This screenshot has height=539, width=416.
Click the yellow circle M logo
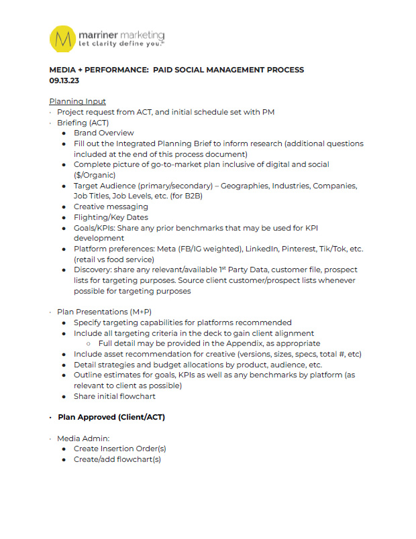(64, 38)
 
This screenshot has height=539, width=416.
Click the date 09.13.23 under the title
(64, 80)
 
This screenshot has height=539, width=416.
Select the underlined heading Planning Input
(77, 101)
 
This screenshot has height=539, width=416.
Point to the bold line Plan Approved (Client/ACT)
(111, 417)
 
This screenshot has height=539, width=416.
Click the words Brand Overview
(104, 133)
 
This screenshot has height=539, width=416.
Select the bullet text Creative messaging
(111, 206)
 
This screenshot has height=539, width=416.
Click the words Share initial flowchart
(115, 396)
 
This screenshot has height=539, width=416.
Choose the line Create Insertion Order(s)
(120, 448)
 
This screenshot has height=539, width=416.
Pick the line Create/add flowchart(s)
(117, 459)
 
